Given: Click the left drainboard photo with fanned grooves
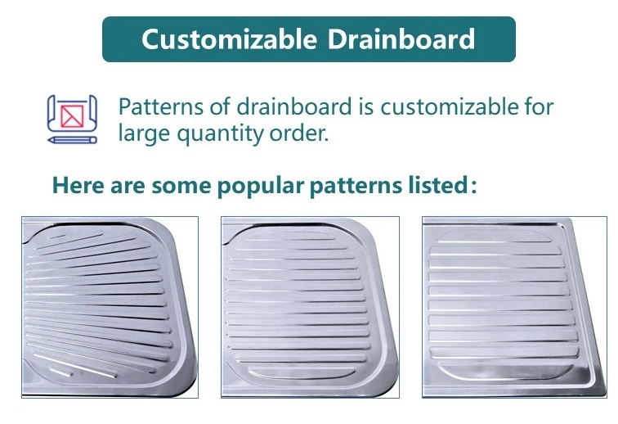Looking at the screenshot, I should (110, 307).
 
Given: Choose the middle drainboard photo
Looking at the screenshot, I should (310, 307).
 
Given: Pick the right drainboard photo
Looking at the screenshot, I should (510, 307).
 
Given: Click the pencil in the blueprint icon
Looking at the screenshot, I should (72, 140).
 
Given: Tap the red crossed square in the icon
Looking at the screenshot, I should (71, 114).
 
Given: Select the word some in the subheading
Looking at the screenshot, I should (184, 185).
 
